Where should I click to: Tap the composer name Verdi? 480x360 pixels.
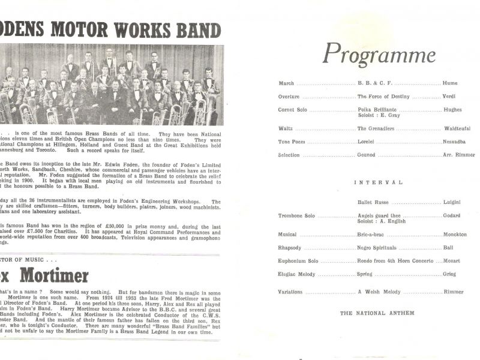pyautogui.click(x=449, y=96)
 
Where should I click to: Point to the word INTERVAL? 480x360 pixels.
pyautogui.click(x=378, y=182)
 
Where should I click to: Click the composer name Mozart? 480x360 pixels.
pyautogui.click(x=454, y=260)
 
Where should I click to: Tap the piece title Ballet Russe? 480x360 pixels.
pyautogui.click(x=374, y=203)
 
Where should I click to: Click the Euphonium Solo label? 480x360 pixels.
pyautogui.click(x=298, y=260)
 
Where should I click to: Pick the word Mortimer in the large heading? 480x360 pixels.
pyautogui.click(x=57, y=275)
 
